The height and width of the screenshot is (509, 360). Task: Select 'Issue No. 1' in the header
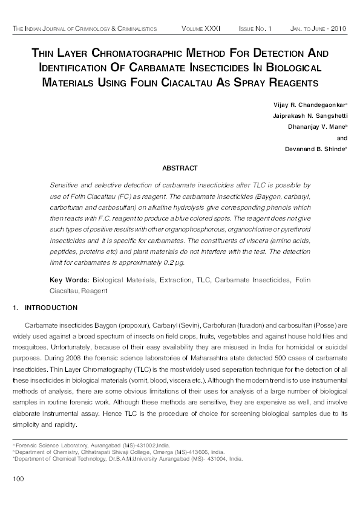click(x=255, y=29)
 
